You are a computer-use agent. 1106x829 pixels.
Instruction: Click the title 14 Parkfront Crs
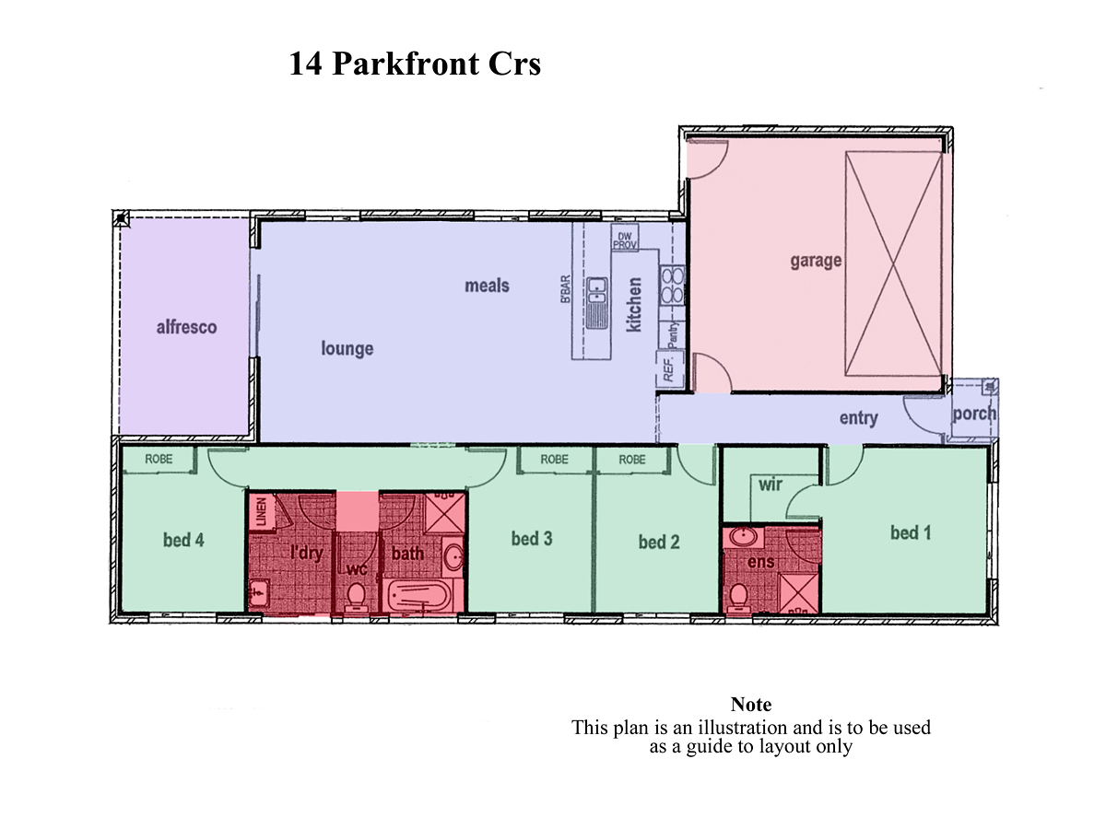pos(414,64)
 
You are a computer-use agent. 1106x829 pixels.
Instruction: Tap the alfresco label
pos(186,327)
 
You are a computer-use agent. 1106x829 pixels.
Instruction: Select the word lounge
pos(347,349)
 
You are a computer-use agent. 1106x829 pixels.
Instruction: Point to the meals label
pos(487,286)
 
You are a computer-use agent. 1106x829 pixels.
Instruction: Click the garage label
pos(816,261)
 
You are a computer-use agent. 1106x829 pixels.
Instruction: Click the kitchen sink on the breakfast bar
pos(597,303)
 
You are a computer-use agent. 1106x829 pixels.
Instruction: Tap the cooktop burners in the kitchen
pos(672,286)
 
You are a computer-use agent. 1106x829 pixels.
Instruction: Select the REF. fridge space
pos(670,369)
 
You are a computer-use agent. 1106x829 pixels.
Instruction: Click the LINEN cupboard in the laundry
pos(262,511)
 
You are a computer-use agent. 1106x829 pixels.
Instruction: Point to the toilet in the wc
pos(357,597)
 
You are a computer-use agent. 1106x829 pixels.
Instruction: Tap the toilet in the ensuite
pos(738,598)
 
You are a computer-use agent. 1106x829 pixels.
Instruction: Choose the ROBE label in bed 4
pos(159,459)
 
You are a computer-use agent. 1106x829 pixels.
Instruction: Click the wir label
pos(771,485)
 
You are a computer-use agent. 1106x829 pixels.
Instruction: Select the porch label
pos(974,414)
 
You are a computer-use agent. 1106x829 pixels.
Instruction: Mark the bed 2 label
pos(659,543)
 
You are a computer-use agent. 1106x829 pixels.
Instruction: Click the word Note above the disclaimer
pos(751,704)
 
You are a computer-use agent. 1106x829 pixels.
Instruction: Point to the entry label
pos(859,418)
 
